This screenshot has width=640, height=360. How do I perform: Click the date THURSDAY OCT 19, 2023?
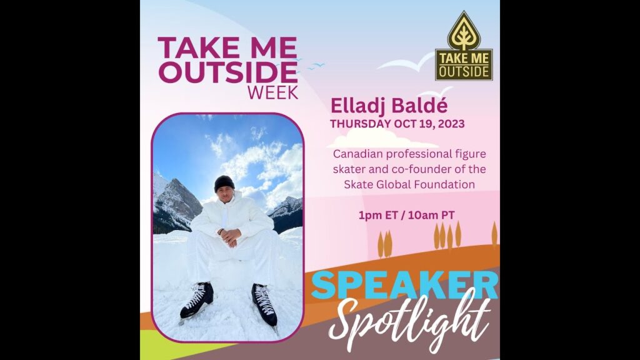point(397,123)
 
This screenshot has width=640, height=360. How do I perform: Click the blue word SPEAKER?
point(404,284)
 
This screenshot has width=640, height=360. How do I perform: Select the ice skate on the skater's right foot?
point(197,300)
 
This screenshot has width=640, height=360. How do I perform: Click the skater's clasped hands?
point(229,236)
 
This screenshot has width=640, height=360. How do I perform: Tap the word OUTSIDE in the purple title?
point(227,71)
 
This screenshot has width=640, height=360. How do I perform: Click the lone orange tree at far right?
point(494,234)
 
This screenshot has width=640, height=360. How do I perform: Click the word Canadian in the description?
point(356,153)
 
